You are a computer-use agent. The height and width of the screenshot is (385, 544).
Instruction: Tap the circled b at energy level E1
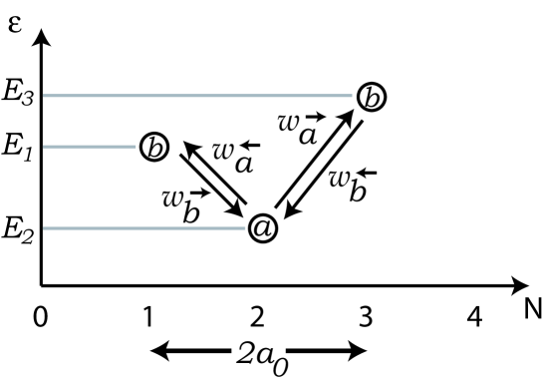click(x=154, y=148)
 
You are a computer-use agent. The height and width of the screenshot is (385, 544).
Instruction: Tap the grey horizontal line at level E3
click(x=199, y=97)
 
